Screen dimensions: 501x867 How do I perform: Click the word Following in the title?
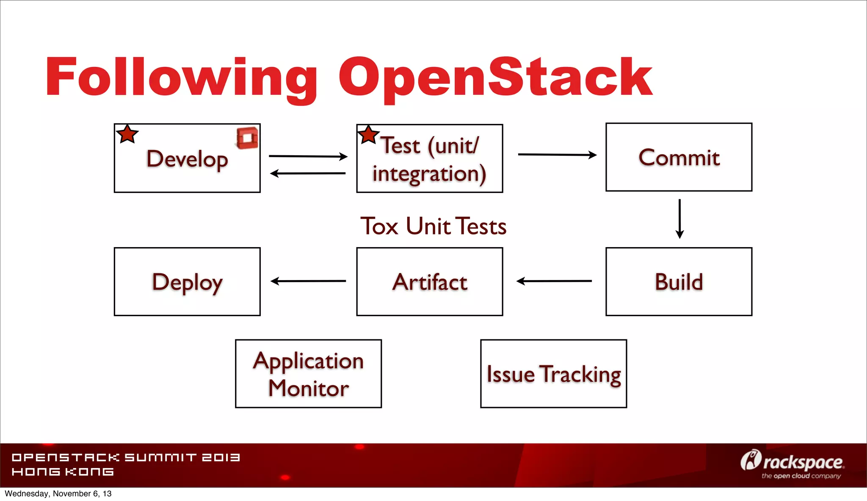point(181,78)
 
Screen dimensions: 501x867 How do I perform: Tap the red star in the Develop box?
point(127,134)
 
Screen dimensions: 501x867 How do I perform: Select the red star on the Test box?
point(368,135)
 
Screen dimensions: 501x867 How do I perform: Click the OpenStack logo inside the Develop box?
point(247,138)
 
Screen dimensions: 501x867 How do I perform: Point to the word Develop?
point(187,159)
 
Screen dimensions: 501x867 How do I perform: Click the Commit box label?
point(679,157)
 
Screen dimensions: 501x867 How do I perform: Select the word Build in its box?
point(679,282)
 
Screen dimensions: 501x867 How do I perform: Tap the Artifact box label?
point(430,282)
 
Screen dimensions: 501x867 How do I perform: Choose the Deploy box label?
point(187,282)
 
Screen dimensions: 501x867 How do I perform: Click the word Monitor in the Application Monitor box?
point(308,388)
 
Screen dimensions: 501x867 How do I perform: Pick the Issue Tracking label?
point(553,374)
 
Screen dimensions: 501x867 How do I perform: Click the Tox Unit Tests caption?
point(433,226)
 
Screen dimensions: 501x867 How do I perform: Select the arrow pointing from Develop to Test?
point(308,156)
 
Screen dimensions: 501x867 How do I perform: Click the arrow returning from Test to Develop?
point(308,173)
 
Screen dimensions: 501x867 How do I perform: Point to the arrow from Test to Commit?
point(557,155)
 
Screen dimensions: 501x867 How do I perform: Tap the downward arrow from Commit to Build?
point(679,218)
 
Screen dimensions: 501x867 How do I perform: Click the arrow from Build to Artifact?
point(554,281)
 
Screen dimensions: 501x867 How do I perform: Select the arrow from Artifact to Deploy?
point(308,281)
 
